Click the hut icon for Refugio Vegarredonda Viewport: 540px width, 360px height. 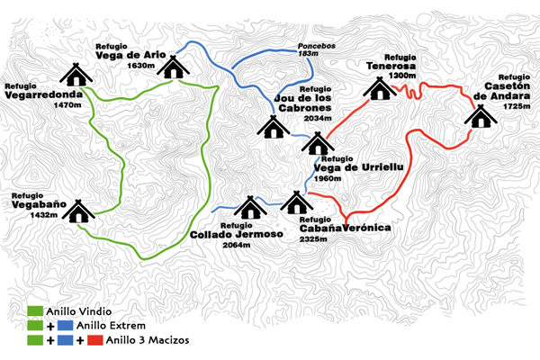click(76, 75)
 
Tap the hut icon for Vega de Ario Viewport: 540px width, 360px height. click(173, 67)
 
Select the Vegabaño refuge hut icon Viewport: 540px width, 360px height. click(78, 211)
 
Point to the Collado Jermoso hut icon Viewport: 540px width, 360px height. click(250, 208)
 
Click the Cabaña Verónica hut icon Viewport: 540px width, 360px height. click(296, 202)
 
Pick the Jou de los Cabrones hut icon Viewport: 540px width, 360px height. click(274, 127)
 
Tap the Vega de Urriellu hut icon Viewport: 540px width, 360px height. click(318, 143)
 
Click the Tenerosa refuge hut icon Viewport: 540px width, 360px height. click(380, 88)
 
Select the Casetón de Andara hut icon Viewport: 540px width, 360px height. click(481, 116)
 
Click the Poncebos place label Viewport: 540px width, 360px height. click(317, 46)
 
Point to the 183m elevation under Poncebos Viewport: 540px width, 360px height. click(308, 53)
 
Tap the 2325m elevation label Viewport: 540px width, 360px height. click(313, 238)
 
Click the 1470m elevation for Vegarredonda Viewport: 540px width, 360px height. click(67, 104)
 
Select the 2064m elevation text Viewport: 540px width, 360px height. click(237, 245)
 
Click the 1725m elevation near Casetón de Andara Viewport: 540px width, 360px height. click(517, 106)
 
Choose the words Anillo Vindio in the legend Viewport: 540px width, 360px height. click(79, 311)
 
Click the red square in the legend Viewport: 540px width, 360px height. click(95, 340)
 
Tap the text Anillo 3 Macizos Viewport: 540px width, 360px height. click(148, 340)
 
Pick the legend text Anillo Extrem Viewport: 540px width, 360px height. click(111, 326)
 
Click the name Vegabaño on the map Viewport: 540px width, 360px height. click(39, 204)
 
